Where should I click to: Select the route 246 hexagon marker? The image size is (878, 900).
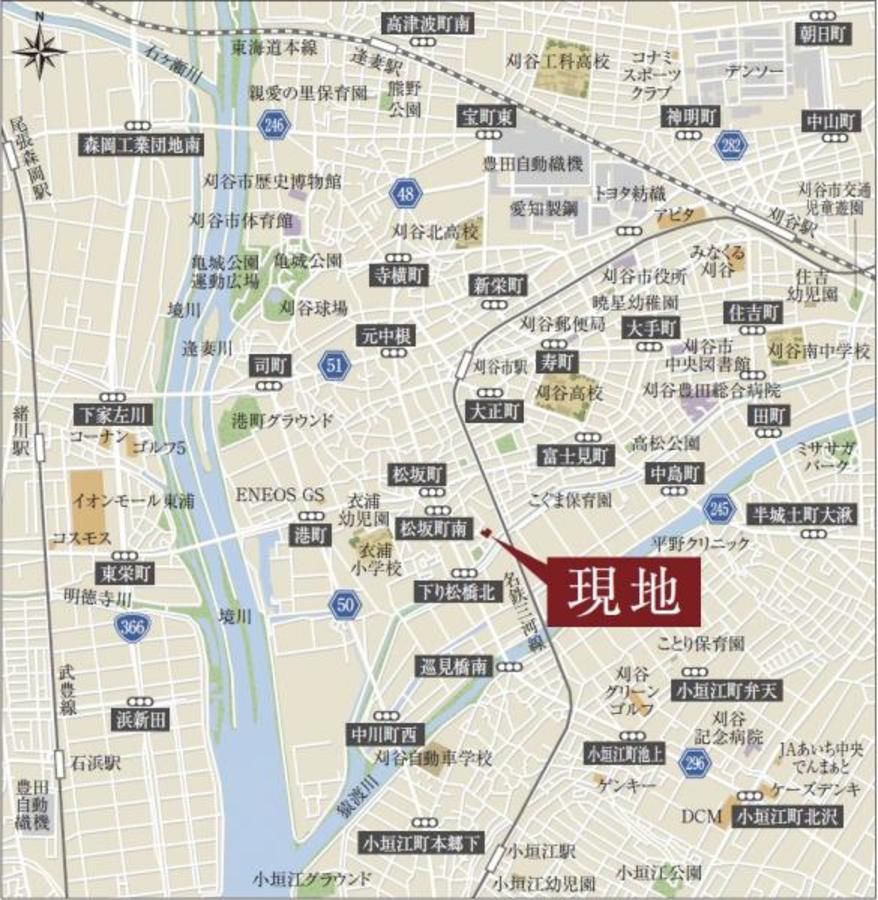click(272, 124)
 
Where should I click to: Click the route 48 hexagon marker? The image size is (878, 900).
click(405, 193)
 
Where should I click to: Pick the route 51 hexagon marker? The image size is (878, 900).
click(334, 366)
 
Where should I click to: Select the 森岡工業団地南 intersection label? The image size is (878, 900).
click(141, 145)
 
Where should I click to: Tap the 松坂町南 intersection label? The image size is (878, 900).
click(434, 527)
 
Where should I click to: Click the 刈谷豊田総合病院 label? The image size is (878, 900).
click(708, 390)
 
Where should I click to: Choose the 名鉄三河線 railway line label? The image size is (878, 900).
click(526, 610)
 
